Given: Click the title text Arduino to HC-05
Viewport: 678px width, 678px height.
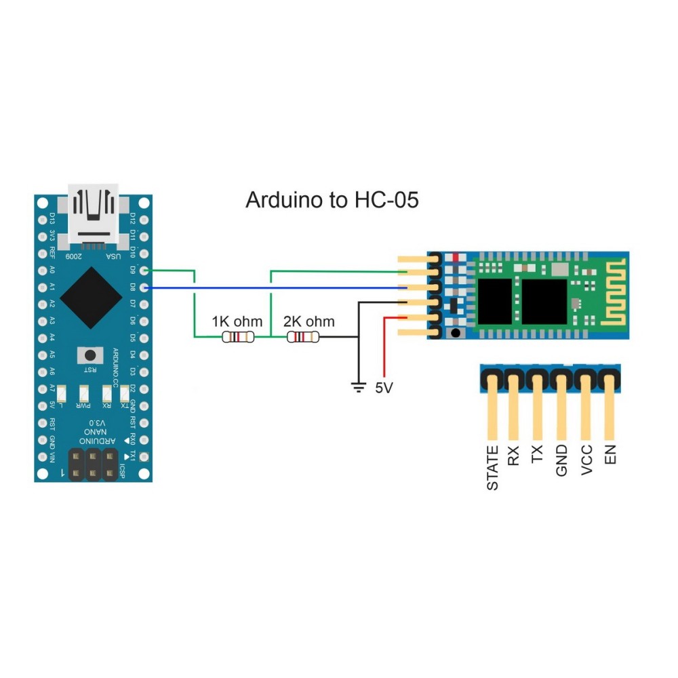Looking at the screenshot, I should coord(332,201).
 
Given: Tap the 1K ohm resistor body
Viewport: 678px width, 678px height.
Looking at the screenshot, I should coord(238,337).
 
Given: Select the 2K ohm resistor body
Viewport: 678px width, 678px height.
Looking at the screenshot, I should coord(302,337).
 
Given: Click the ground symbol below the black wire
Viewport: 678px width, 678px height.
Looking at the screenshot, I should coord(357,387).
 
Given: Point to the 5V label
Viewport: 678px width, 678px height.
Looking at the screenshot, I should coord(383,388).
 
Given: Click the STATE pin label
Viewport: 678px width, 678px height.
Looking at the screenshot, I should coord(493,468).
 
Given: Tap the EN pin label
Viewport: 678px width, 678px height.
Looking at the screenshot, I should coord(611,454).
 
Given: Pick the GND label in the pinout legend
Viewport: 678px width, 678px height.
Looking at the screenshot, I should coord(561,460).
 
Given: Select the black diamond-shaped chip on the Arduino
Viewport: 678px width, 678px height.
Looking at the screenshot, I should coord(92,296).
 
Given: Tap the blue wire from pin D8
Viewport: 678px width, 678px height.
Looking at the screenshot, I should coord(271,288).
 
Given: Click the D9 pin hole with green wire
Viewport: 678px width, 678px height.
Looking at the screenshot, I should coord(142,271).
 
